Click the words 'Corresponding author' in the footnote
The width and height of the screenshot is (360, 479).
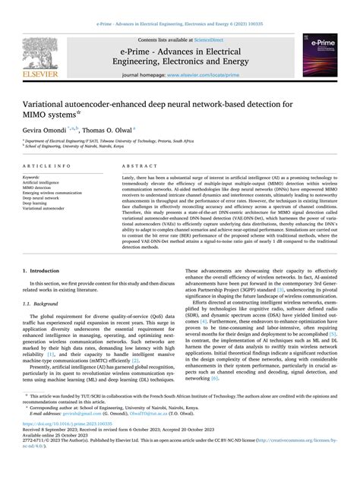[57, 427]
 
